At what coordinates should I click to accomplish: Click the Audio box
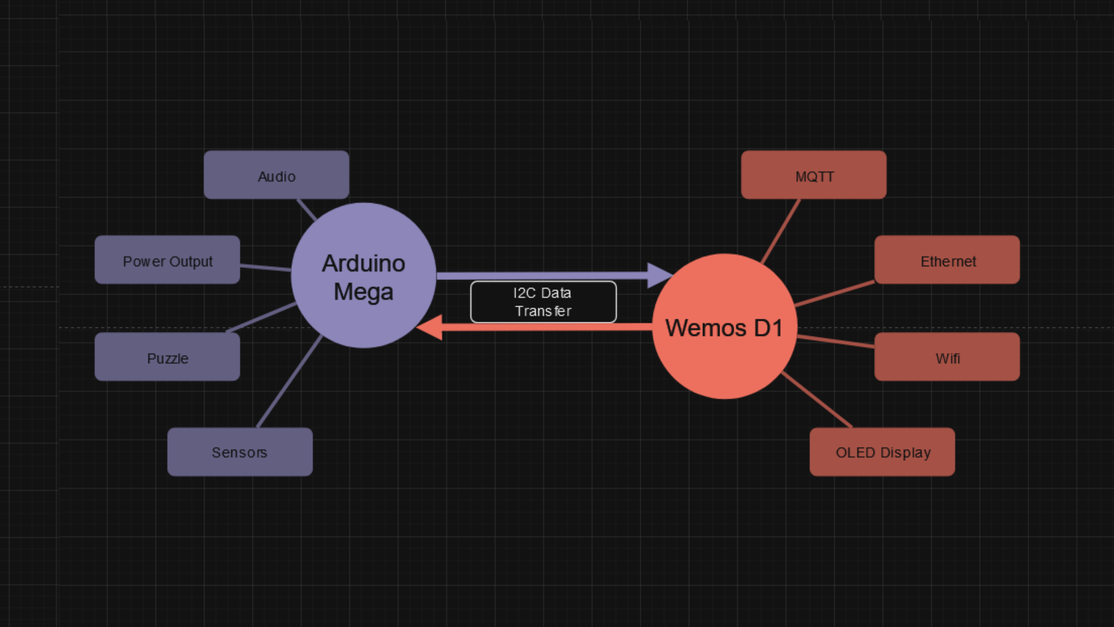pos(276,175)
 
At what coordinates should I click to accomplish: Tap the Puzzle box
pos(167,357)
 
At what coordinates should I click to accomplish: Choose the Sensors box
pos(240,452)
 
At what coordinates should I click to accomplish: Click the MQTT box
pos(813,175)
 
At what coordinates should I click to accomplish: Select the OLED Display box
pos(882,452)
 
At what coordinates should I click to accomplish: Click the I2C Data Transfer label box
pos(543,302)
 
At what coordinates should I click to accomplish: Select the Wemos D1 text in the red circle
pos(724,327)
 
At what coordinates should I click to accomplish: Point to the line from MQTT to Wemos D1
pos(781,231)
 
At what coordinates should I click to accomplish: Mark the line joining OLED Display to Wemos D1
pos(816,399)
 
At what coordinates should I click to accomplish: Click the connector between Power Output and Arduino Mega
pos(265,267)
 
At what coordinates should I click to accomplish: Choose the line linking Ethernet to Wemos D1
pos(835,294)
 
